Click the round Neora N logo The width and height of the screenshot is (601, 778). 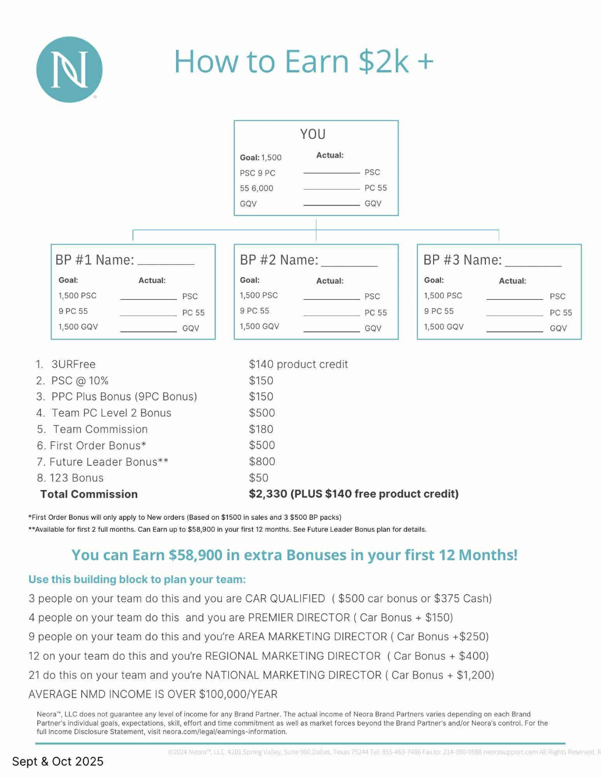(69, 70)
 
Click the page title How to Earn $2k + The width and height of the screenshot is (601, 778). (303, 62)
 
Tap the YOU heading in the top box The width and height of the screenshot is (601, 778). (313, 134)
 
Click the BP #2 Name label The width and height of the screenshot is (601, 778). (279, 260)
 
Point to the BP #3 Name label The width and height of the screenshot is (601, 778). (462, 260)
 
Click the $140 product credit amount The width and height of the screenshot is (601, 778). (298, 364)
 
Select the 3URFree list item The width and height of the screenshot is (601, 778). (73, 364)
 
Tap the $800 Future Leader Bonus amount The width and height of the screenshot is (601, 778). (262, 461)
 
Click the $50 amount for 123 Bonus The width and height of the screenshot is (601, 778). (259, 478)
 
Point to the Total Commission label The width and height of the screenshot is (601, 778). (89, 494)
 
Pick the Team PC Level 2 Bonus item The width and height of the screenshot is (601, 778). (111, 413)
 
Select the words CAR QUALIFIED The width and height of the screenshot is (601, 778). (285, 599)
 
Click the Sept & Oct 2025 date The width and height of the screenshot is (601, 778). (58, 761)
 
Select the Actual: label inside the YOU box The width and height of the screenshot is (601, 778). (330, 155)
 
